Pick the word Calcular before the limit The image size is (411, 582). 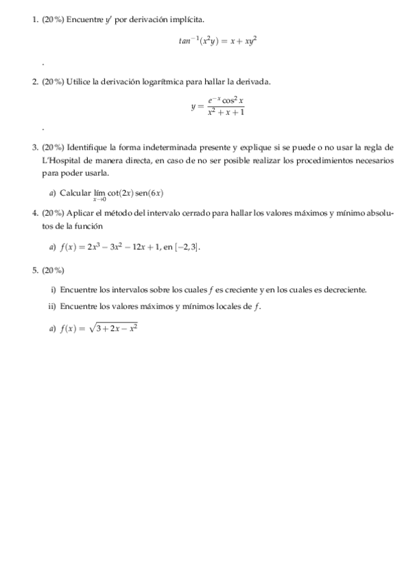pos(74,193)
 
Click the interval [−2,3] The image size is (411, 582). pos(189,246)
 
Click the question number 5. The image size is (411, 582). pos(35,270)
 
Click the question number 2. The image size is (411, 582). pos(35,82)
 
